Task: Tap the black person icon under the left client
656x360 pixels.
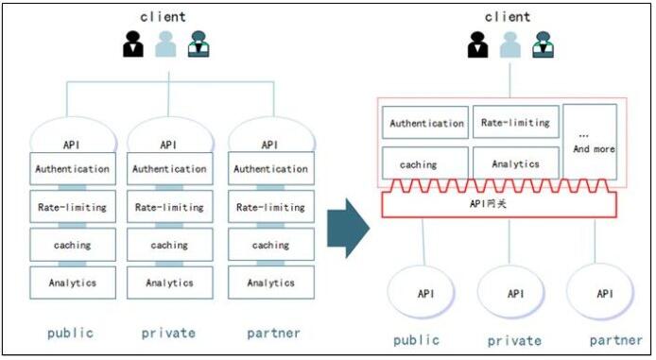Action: click(x=132, y=44)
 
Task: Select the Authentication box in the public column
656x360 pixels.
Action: click(x=73, y=169)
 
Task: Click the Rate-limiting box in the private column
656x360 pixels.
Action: click(x=170, y=207)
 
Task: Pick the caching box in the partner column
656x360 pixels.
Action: click(x=271, y=245)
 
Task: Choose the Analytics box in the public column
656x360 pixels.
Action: click(x=73, y=282)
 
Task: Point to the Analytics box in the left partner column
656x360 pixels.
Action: click(x=271, y=282)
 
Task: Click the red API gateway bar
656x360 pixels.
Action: click(x=497, y=203)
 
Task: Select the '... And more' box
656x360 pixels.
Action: click(x=590, y=142)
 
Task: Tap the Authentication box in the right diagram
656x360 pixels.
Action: click(x=427, y=123)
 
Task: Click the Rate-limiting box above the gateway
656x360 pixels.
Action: click(x=515, y=122)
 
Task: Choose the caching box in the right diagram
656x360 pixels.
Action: click(x=424, y=163)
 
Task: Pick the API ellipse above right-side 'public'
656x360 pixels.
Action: click(x=425, y=294)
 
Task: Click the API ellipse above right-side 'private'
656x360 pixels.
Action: click(x=515, y=294)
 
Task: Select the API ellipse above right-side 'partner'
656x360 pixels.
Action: click(x=604, y=294)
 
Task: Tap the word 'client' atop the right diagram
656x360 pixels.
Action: click(x=508, y=16)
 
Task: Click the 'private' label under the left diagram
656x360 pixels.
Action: click(x=168, y=333)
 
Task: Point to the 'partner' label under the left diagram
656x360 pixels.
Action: click(x=273, y=333)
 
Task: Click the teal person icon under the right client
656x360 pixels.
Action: click(x=542, y=44)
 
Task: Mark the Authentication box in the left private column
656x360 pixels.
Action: click(x=170, y=169)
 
